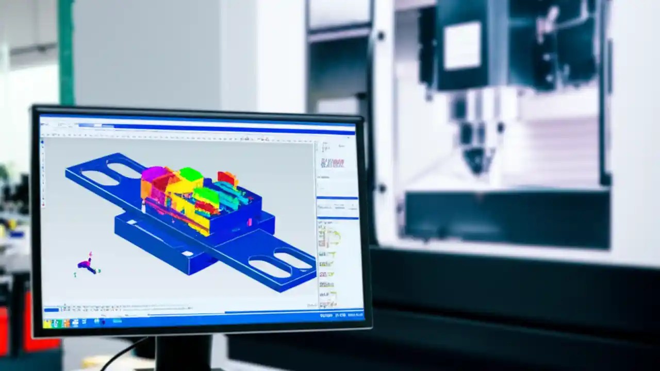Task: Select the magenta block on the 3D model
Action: click(151, 174)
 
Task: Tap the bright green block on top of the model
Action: click(190, 174)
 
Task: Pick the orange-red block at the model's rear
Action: click(227, 178)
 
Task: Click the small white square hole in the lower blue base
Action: click(187, 253)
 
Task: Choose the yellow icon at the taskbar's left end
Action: click(47, 324)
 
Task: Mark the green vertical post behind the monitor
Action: click(65, 52)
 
